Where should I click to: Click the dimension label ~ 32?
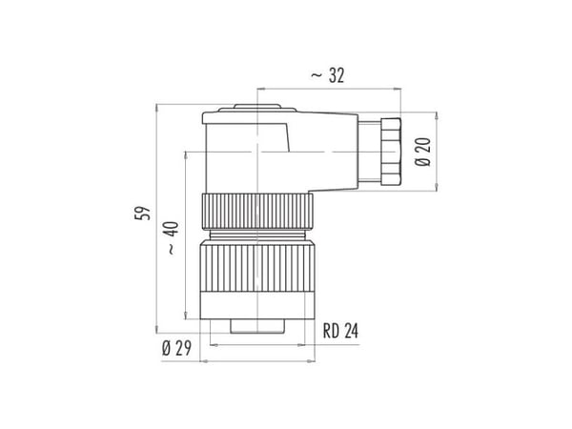(327, 75)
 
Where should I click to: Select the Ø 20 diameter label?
(422, 152)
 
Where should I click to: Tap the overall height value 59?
(143, 213)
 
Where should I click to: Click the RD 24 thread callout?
(340, 331)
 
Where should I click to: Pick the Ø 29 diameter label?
(176, 348)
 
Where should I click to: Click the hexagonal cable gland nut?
(390, 151)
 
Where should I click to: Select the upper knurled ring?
(257, 212)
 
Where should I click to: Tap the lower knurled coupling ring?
(257, 269)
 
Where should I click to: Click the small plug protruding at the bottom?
(257, 326)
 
